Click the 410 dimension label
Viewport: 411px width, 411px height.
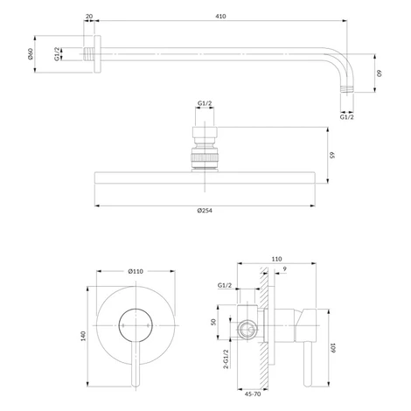pyautogui.click(x=220, y=17)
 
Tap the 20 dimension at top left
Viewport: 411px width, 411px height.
pyautogui.click(x=89, y=17)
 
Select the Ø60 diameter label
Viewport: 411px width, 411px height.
pyautogui.click(x=31, y=54)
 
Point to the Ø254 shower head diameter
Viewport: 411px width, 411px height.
pyautogui.click(x=205, y=210)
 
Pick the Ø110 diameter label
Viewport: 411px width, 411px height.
pyautogui.click(x=136, y=271)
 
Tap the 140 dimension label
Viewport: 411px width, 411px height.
pyautogui.click(x=83, y=336)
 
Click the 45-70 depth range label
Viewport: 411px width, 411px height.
pyautogui.click(x=253, y=394)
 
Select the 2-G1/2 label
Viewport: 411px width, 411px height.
pyautogui.click(x=226, y=359)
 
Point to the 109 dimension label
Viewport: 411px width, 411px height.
pyautogui.click(x=333, y=348)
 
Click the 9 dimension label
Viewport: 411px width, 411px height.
pyautogui.click(x=285, y=269)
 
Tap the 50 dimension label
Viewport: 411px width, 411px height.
pyautogui.click(x=213, y=322)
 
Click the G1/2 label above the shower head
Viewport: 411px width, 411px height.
pyautogui.click(x=205, y=103)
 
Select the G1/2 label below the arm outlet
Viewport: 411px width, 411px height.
pyautogui.click(x=347, y=117)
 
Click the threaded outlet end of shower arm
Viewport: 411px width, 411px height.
pyautogui.click(x=347, y=89)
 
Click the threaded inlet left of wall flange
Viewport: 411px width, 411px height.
pyautogui.click(x=89, y=54)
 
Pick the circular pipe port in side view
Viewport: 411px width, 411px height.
pyautogui.click(x=247, y=330)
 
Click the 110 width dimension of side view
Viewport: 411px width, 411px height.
pyautogui.click(x=276, y=259)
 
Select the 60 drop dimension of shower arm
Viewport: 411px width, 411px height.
pyautogui.click(x=380, y=73)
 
